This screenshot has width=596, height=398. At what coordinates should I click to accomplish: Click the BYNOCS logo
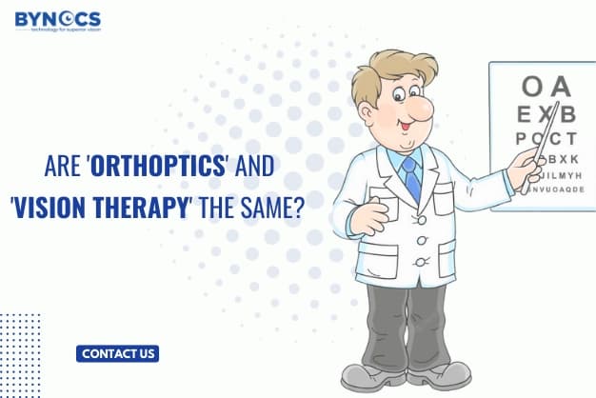click(57, 17)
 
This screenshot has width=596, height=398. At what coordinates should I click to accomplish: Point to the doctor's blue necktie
click(411, 177)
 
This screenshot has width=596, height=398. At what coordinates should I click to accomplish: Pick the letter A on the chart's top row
click(561, 87)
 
